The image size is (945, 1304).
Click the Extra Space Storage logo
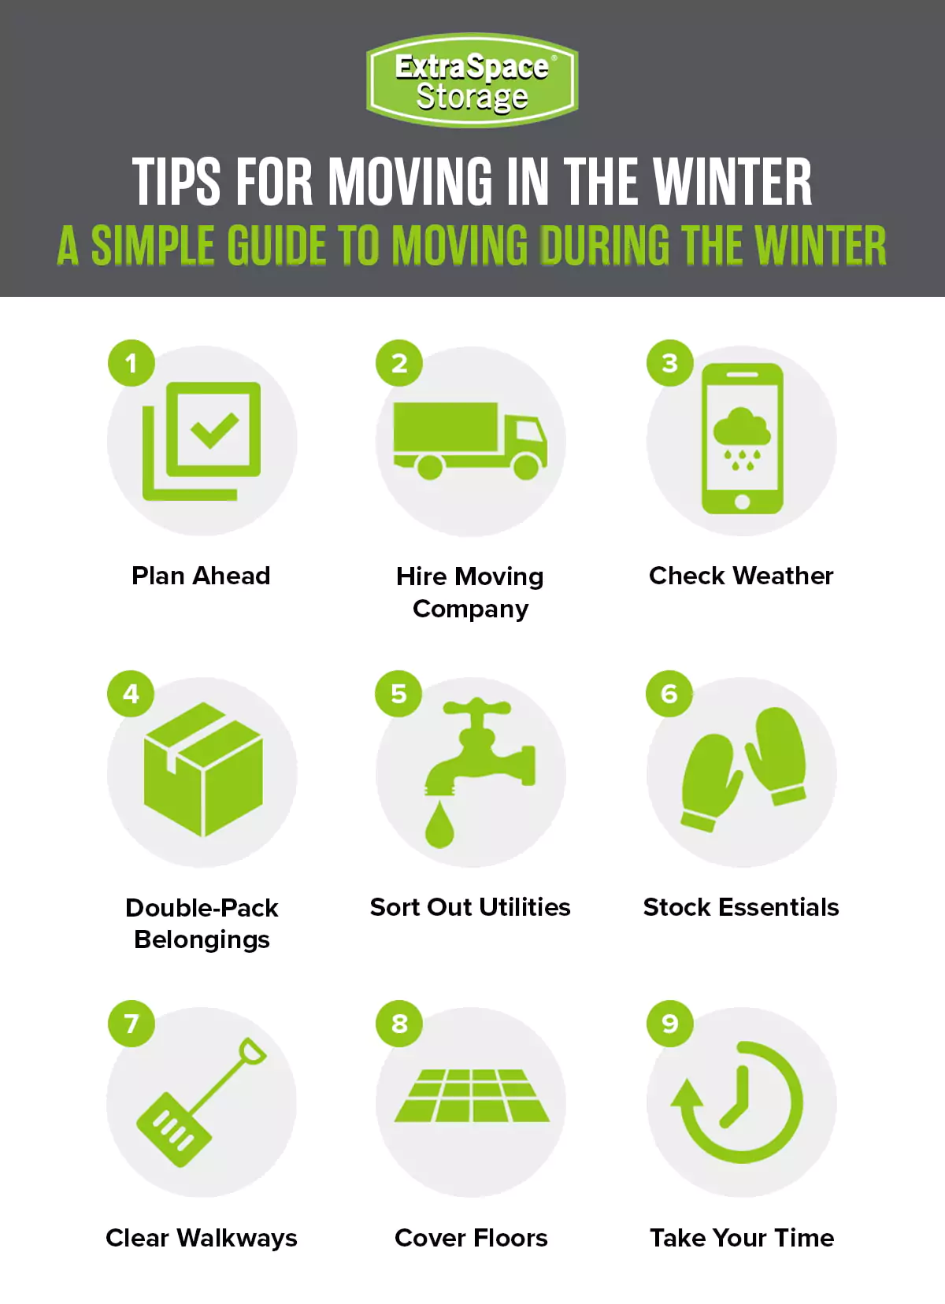(472, 80)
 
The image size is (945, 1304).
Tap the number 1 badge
(132, 363)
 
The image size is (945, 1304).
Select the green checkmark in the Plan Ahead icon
(214, 429)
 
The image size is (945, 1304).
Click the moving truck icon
(470, 440)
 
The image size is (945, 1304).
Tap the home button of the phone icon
(742, 502)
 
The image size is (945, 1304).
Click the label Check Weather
(741, 576)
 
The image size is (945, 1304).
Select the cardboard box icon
(203, 769)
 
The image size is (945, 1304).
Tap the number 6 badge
(669, 694)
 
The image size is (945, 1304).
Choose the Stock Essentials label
(741, 907)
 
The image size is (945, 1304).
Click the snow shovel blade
(174, 1129)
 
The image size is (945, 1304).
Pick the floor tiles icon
(471, 1095)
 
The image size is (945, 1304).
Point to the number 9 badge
(669, 1024)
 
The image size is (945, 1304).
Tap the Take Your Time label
(742, 1238)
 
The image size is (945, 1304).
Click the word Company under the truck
(470, 609)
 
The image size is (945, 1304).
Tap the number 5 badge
(399, 694)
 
